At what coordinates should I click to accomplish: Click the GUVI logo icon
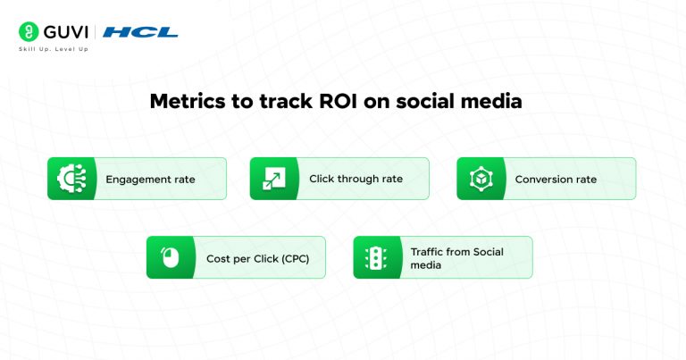(27, 31)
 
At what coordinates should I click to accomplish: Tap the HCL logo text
(140, 32)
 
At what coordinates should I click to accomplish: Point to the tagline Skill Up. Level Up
(54, 49)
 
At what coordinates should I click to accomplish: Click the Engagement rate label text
(150, 180)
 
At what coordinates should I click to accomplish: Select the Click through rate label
(356, 179)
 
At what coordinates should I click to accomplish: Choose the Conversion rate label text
(556, 180)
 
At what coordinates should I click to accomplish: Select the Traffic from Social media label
(456, 258)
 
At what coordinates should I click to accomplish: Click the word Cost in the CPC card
(218, 258)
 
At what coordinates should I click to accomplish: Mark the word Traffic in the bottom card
(427, 252)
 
